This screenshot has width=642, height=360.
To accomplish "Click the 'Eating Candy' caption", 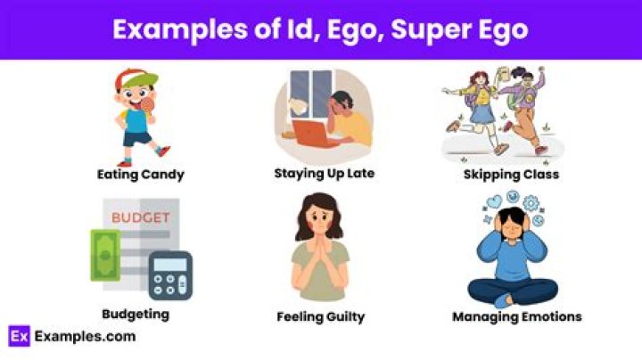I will click(x=141, y=175).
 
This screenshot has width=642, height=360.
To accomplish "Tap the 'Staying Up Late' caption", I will click(x=324, y=173).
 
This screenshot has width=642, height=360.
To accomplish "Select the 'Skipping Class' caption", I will click(x=511, y=175).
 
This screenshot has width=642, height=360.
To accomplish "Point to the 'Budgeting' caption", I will click(x=136, y=314).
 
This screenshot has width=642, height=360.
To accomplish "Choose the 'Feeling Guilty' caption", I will click(x=320, y=316).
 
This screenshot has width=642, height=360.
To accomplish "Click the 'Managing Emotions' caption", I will click(x=516, y=316).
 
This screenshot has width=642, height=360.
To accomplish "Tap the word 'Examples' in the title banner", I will click(x=174, y=29).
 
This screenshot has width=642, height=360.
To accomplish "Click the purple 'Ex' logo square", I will click(x=20, y=336).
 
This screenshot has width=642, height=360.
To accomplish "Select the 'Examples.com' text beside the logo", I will click(x=85, y=336).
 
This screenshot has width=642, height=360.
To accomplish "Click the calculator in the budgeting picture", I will click(x=169, y=275).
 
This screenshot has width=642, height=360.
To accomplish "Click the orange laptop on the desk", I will click(x=313, y=133).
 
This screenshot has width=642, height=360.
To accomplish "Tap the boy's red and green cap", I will click(x=136, y=78).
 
